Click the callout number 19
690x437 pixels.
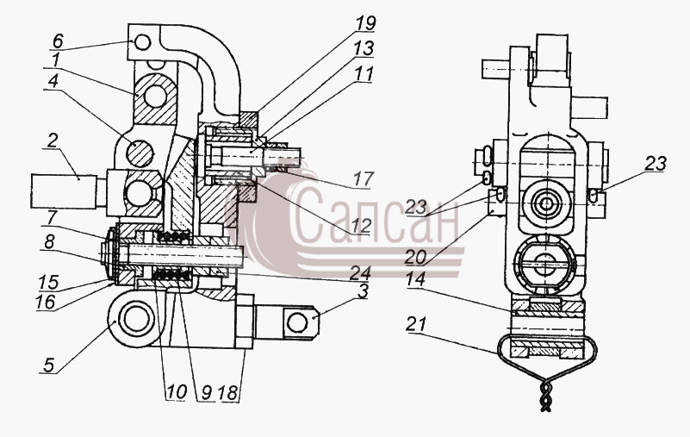pos(366,24)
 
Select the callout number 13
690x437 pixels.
pos(364,48)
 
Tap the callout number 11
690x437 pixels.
pos(364,73)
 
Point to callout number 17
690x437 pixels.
pos(364,178)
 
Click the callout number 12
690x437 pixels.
pos(362,226)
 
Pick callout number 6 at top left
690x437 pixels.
pos(58,42)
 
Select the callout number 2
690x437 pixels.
pos(52,140)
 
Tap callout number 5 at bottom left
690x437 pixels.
pos(48,365)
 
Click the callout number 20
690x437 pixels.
pos(415,257)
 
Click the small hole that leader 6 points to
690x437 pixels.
pos(143,43)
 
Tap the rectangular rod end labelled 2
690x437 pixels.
pos(64,191)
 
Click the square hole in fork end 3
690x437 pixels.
pos(297,322)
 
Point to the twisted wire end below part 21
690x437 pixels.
pos(545,395)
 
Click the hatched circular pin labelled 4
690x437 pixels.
pos(140,153)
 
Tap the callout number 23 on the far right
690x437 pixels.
pos(656,164)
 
